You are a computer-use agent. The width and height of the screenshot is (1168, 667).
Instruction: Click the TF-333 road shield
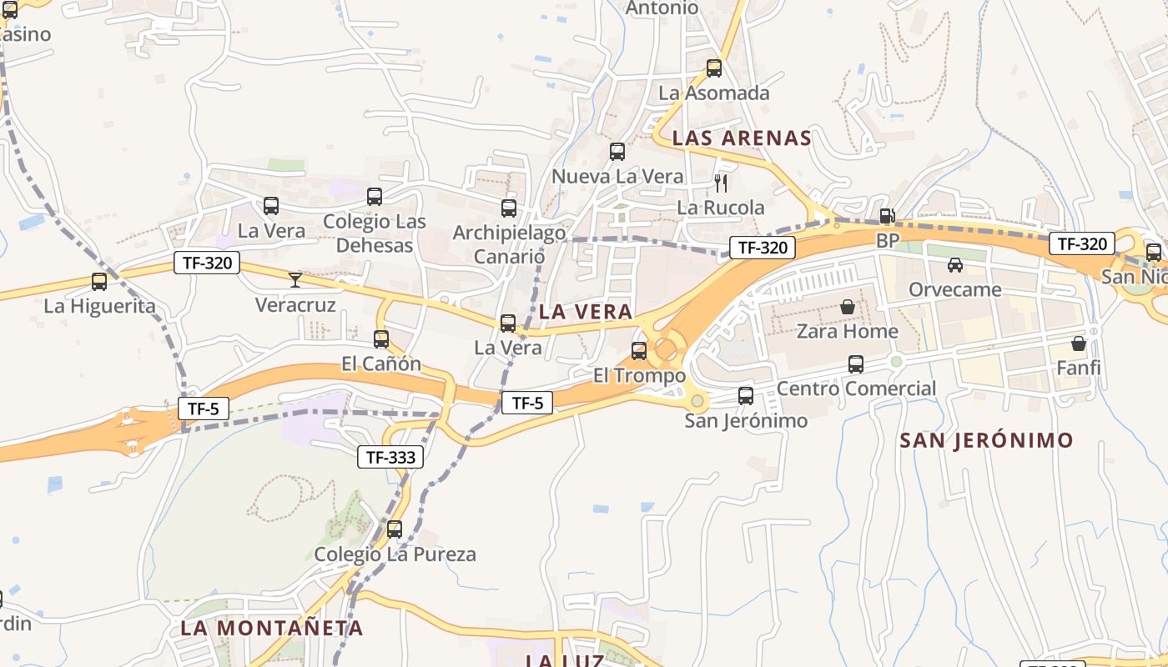(x=390, y=457)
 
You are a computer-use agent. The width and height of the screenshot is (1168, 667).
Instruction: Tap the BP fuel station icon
(x=887, y=216)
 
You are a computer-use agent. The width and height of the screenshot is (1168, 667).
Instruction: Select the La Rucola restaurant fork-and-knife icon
(x=722, y=183)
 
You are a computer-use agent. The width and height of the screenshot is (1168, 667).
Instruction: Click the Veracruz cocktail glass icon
(x=295, y=279)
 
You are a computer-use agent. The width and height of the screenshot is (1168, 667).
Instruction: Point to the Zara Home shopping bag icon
(x=848, y=307)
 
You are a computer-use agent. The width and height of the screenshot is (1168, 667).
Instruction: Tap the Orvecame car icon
(x=955, y=265)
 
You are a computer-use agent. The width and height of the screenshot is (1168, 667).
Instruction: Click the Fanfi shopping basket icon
(x=1079, y=343)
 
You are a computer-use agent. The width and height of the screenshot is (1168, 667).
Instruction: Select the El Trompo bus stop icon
(x=639, y=351)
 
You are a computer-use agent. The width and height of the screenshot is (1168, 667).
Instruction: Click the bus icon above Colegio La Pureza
(x=395, y=529)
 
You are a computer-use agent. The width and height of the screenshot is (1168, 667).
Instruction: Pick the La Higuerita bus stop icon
(x=99, y=282)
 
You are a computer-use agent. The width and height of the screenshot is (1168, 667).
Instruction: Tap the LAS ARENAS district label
(x=742, y=138)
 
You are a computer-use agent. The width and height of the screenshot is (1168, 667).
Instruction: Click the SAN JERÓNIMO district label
(x=986, y=441)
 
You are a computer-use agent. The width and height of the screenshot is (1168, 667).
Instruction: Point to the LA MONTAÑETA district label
(x=272, y=629)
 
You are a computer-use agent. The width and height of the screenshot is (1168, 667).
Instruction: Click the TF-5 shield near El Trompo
(x=527, y=404)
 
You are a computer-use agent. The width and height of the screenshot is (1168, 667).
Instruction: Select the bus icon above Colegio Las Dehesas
(x=375, y=197)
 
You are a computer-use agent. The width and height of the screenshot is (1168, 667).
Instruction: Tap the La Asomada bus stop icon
(x=714, y=68)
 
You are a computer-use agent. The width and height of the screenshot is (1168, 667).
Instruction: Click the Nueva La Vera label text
(x=617, y=177)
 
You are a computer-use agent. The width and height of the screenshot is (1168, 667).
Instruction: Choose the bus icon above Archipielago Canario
(x=509, y=208)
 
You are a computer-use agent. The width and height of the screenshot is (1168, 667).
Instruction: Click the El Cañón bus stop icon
(x=381, y=339)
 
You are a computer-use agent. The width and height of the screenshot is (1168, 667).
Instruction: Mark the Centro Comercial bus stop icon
(x=856, y=364)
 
